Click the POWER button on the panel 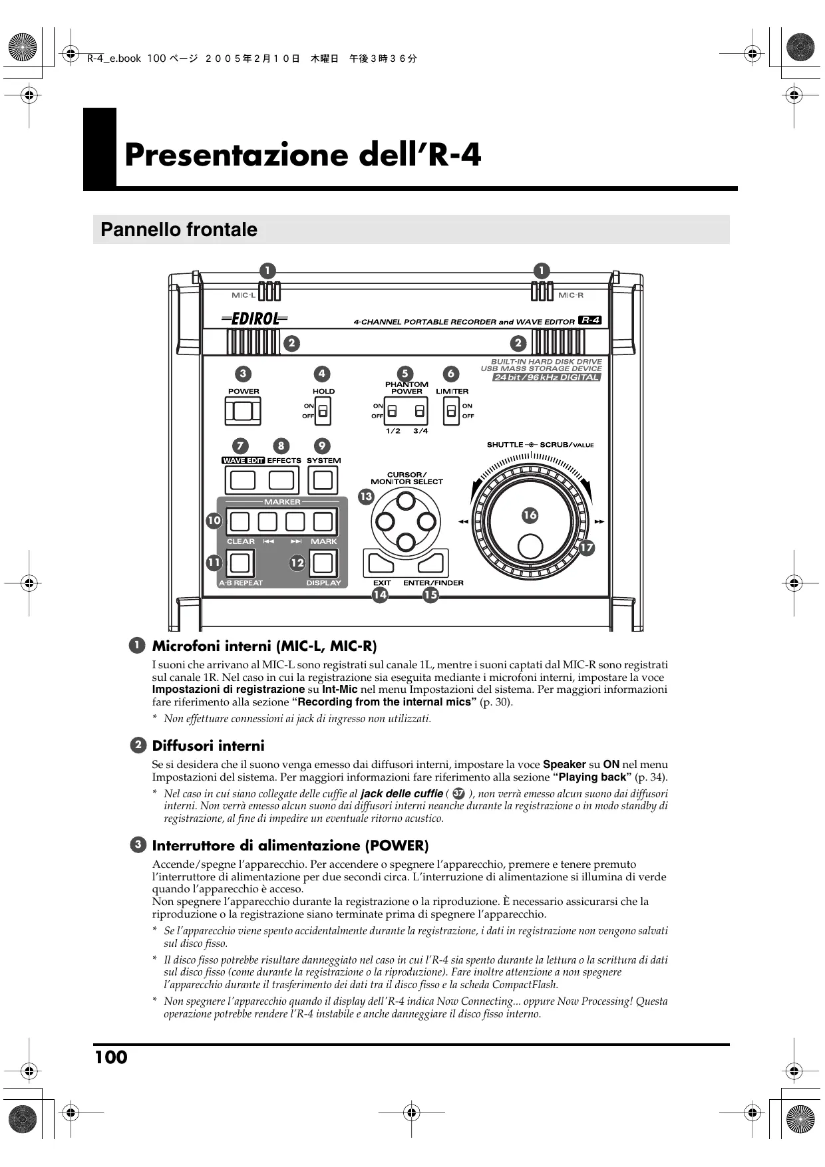pyautogui.click(x=243, y=412)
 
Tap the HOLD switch pyautogui.click(x=323, y=412)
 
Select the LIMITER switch pyautogui.click(x=452, y=412)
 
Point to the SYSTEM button pyautogui.click(x=323, y=480)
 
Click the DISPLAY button pyautogui.click(x=322, y=564)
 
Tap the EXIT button pyautogui.click(x=380, y=564)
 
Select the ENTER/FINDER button pyautogui.click(x=431, y=564)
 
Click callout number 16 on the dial pyautogui.click(x=530, y=515)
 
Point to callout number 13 pyautogui.click(x=366, y=497)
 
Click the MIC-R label pyautogui.click(x=571, y=295)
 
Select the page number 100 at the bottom pyautogui.click(x=111, y=1058)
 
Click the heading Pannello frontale pyautogui.click(x=178, y=230)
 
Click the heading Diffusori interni pyautogui.click(x=208, y=746)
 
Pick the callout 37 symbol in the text pyautogui.click(x=458, y=794)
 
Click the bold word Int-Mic pyautogui.click(x=340, y=690)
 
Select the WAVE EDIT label pyautogui.click(x=243, y=460)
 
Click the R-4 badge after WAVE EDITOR pyautogui.click(x=590, y=321)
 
